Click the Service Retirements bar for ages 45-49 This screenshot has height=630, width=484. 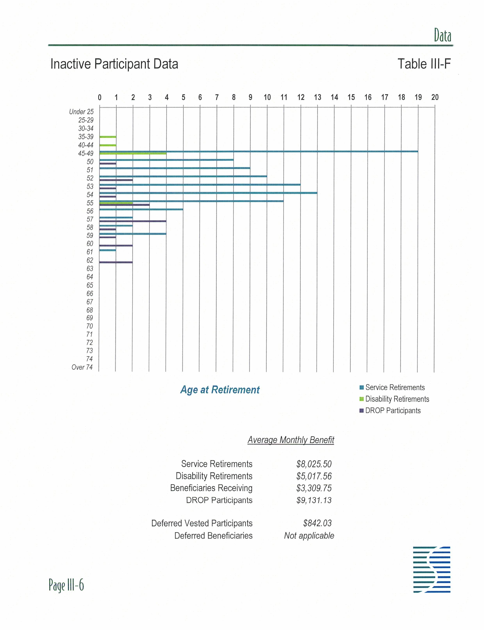click(259, 151)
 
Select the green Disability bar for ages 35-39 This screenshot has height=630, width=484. click(108, 137)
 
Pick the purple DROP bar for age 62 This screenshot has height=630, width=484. click(116, 262)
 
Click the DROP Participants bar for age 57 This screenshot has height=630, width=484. click(133, 221)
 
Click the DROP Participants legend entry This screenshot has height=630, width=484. click(390, 411)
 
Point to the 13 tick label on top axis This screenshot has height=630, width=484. click(317, 97)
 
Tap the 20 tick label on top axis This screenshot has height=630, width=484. click(435, 97)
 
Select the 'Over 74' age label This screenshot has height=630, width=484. click(82, 367)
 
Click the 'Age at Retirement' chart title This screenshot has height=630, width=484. click(220, 390)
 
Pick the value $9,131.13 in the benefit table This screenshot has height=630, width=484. click(314, 500)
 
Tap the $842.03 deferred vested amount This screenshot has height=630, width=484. click(317, 523)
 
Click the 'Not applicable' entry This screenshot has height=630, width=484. click(309, 536)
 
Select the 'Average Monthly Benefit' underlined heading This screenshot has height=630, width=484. click(291, 440)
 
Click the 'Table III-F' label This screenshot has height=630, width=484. click(424, 64)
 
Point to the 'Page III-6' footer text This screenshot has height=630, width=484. click(66, 585)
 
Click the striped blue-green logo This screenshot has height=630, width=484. click(431, 569)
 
